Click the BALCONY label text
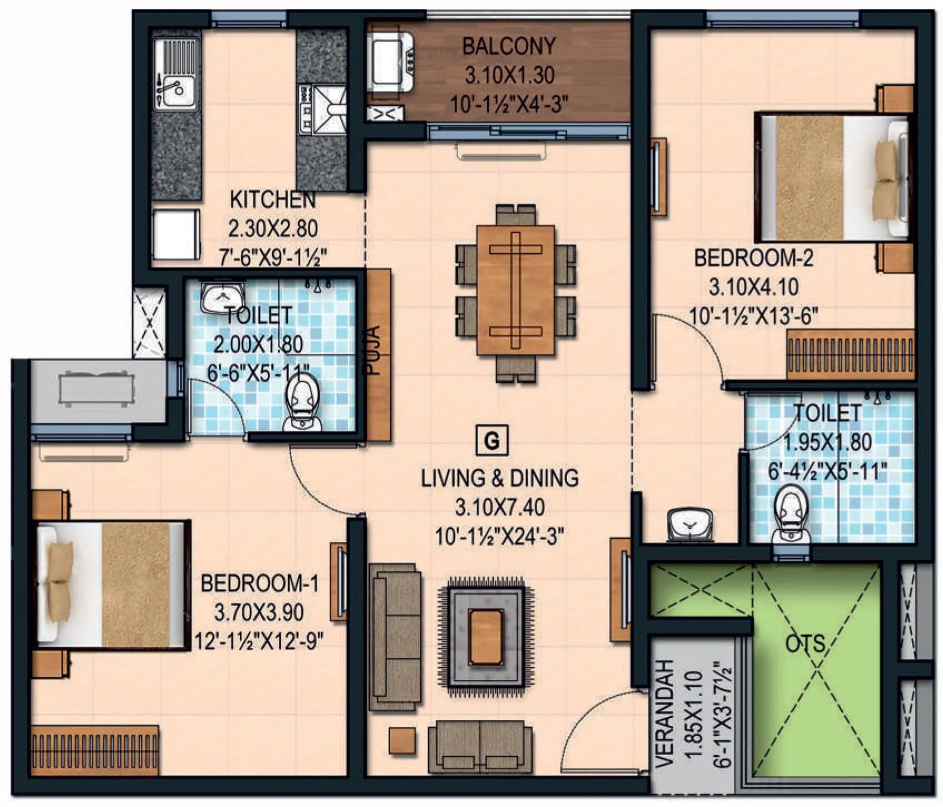[509, 46]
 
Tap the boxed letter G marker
[492, 441]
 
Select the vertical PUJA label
[374, 351]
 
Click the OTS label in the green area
[804, 644]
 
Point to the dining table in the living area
[515, 290]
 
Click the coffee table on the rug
[486, 637]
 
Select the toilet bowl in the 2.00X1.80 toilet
[302, 402]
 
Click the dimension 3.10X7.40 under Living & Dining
[499, 508]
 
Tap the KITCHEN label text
[273, 199]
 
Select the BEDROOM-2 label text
[753, 258]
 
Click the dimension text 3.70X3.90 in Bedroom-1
[259, 613]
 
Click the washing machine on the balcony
[390, 61]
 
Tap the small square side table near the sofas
[402, 741]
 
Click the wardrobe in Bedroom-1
[95, 750]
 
